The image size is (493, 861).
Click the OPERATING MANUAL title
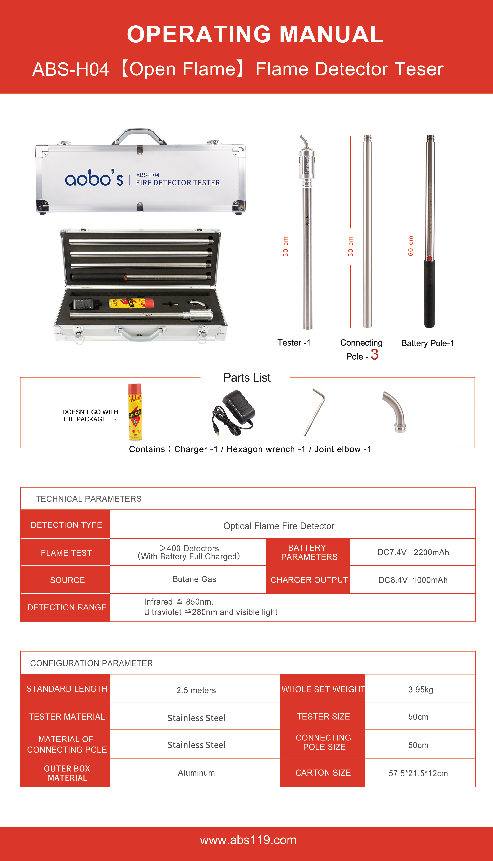pos(255,35)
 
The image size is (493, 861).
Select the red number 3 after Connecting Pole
pos(374,355)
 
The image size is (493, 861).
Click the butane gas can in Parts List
pos(135,412)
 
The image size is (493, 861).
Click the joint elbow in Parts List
pos(395,411)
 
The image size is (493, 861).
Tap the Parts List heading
pos(246,378)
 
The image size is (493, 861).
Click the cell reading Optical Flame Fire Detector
pos(279,526)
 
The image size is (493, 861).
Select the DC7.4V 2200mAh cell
pos(413,552)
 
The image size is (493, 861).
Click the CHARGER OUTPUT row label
pos(309,580)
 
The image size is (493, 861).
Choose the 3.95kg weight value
pos(421,689)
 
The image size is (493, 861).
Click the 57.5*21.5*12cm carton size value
pos(418,773)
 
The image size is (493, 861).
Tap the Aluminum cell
pos(196,773)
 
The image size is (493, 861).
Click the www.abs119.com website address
pos(248,840)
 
